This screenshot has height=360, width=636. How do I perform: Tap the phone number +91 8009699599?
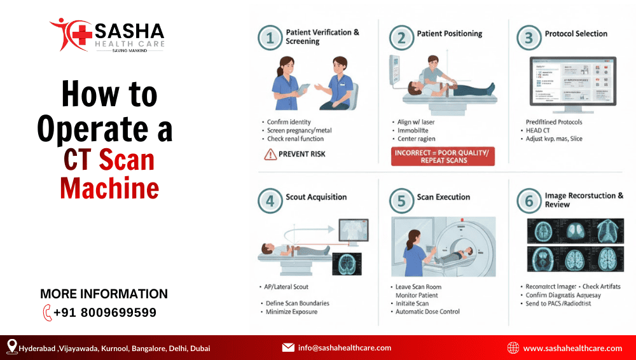104,313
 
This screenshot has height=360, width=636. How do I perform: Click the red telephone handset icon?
47,313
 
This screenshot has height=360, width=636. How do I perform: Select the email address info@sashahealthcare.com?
344,348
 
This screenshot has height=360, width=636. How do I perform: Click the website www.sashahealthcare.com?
572,348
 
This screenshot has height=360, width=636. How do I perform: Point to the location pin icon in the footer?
11,347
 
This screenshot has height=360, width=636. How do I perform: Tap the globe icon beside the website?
513,348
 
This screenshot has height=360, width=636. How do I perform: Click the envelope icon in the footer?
288,348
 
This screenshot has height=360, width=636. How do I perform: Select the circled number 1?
270,38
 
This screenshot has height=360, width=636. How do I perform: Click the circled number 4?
270,202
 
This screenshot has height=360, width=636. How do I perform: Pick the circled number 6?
529,202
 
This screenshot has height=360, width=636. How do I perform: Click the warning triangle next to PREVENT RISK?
270,154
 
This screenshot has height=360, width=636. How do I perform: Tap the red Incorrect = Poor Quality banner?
442,156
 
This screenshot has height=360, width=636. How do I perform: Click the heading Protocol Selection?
576,34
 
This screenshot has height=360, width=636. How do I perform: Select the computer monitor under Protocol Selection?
573,81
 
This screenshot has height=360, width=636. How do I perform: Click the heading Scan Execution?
443,197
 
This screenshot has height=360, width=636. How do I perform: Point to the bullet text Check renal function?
295,139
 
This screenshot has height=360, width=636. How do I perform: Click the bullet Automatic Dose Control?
427,312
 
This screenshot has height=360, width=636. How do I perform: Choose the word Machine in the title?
109,188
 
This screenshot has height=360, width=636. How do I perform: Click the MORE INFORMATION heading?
104,294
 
